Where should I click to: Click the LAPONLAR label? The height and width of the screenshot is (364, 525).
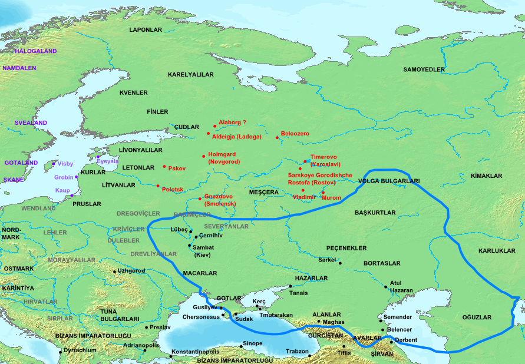click(146, 29)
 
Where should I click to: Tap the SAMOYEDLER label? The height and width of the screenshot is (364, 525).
click(424, 70)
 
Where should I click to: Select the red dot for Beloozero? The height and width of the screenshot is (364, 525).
click(277, 138)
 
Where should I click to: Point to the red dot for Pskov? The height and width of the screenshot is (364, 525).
click(164, 167)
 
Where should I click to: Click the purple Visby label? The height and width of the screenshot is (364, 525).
click(65, 164)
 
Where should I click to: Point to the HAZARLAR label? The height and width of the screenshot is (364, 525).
click(312, 277)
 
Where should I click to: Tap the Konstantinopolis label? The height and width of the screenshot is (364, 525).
click(195, 352)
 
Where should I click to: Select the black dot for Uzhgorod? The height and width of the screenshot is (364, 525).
click(114, 272)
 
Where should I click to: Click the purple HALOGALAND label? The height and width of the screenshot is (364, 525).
click(36, 51)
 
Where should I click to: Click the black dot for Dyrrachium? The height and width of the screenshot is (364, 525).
click(60, 352)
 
